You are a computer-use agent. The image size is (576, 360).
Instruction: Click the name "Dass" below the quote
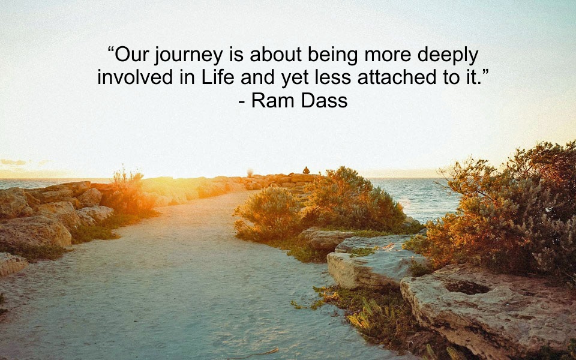tap(324, 100)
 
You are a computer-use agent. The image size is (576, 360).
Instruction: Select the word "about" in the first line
tap(275, 55)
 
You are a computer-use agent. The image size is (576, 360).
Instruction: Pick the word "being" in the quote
tap(332, 56)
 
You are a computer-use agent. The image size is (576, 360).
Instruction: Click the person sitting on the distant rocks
tap(306, 170)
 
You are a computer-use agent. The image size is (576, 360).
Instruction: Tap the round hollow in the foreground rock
tap(467, 287)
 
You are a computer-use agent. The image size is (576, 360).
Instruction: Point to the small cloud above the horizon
tap(13, 162)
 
